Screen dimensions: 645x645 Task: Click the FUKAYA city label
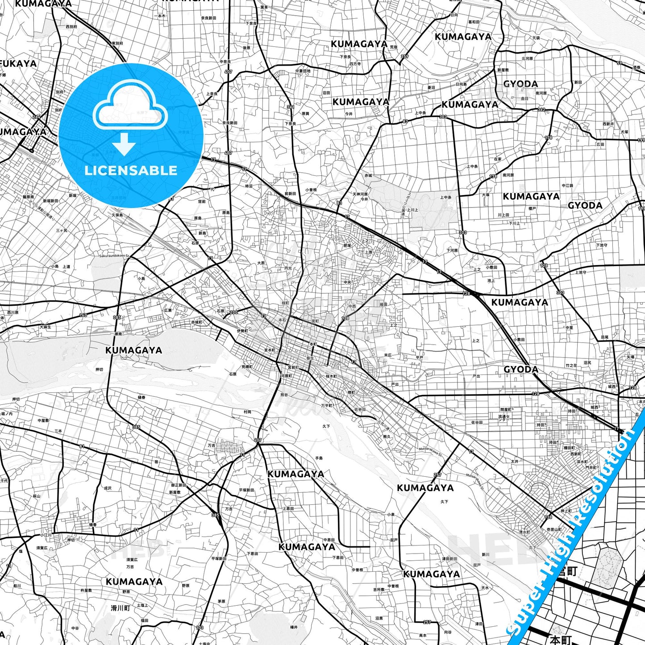[19, 64]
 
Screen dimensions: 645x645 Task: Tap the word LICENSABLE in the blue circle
[131, 171]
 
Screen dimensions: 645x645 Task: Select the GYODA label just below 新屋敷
[520, 84]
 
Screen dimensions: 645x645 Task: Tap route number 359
[404, 57]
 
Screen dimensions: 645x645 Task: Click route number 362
[541, 110]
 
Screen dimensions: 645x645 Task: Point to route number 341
[291, 107]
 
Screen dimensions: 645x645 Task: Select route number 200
[233, 312]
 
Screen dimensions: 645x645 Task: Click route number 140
[83, 315]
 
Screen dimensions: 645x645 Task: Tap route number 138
[548, 517]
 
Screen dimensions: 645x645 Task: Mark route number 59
[620, 63]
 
